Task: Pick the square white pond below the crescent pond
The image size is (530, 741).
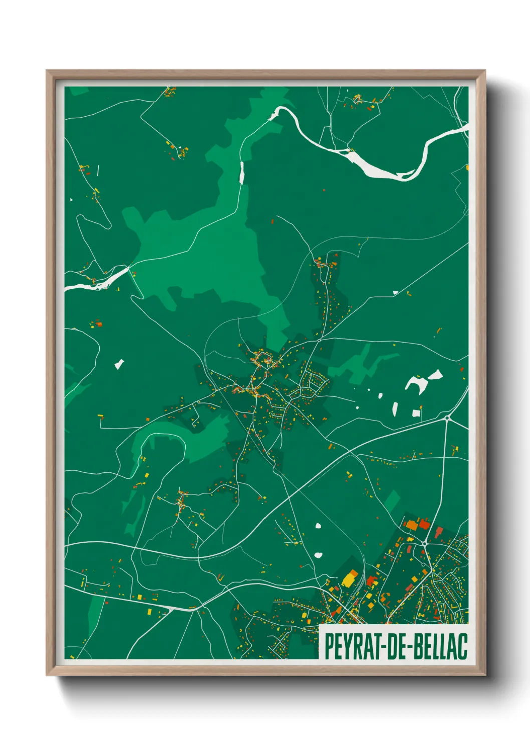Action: (x=416, y=413)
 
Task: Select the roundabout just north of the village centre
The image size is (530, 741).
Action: (x=319, y=340)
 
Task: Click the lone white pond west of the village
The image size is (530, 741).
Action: (x=119, y=364)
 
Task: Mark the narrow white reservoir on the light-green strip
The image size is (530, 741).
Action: (x=241, y=173)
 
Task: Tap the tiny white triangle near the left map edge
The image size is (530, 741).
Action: (x=71, y=200)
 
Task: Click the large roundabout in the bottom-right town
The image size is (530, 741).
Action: (x=425, y=544)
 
